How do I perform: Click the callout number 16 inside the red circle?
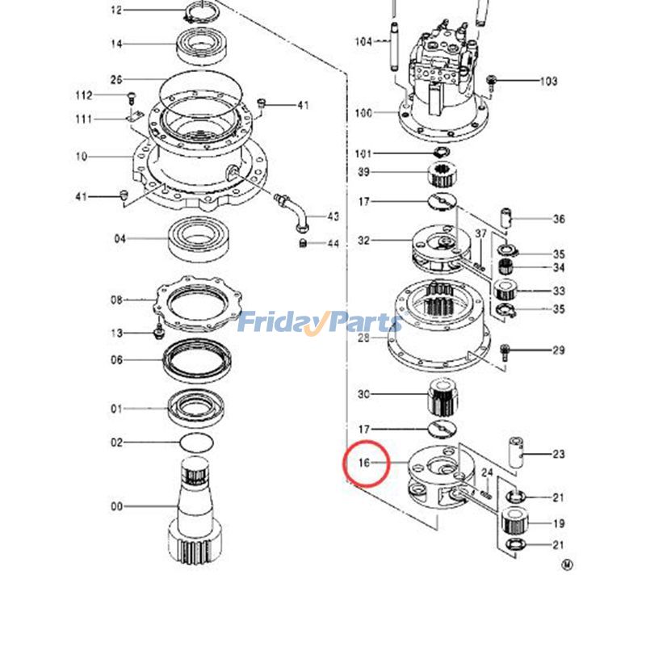(x=363, y=464)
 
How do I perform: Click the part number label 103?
(x=548, y=81)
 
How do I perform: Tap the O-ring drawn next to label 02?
(x=195, y=442)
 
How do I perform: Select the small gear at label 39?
(x=442, y=173)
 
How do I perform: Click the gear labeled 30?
(x=441, y=395)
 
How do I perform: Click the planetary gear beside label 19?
(x=514, y=523)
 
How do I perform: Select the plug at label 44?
(x=303, y=242)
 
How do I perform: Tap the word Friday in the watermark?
(x=279, y=323)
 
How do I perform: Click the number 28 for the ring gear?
(x=364, y=338)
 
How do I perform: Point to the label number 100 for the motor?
(x=363, y=113)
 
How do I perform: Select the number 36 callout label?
(x=559, y=219)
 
